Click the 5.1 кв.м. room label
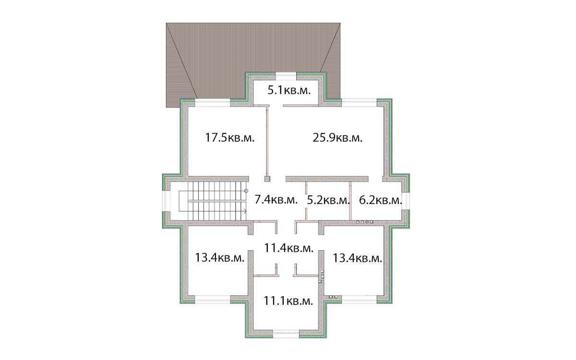click(289, 90)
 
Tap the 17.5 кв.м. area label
click(229, 138)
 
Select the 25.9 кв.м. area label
click(337, 138)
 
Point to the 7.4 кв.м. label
click(276, 200)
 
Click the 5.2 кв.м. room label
click(328, 200)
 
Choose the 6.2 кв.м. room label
click(380, 200)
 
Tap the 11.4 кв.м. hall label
click(289, 248)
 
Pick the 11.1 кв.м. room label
click(288, 301)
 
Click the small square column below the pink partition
click(267, 179)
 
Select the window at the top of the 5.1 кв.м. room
click(286, 77)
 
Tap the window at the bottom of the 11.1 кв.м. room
click(286, 334)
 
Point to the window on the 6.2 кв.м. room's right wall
click(406, 201)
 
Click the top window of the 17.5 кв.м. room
click(212, 103)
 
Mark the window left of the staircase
click(167, 201)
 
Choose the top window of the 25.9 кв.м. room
click(359, 103)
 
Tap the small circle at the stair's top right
click(246, 191)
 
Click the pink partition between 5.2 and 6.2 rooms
click(350, 201)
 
